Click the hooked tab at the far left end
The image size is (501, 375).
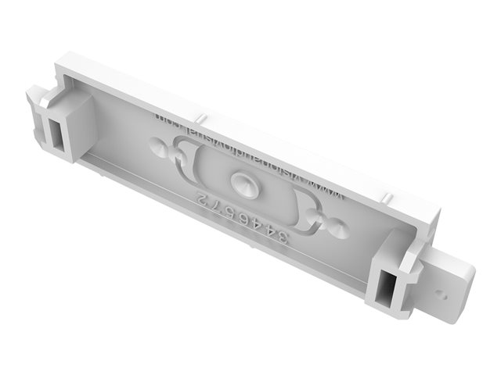[x=36, y=102]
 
